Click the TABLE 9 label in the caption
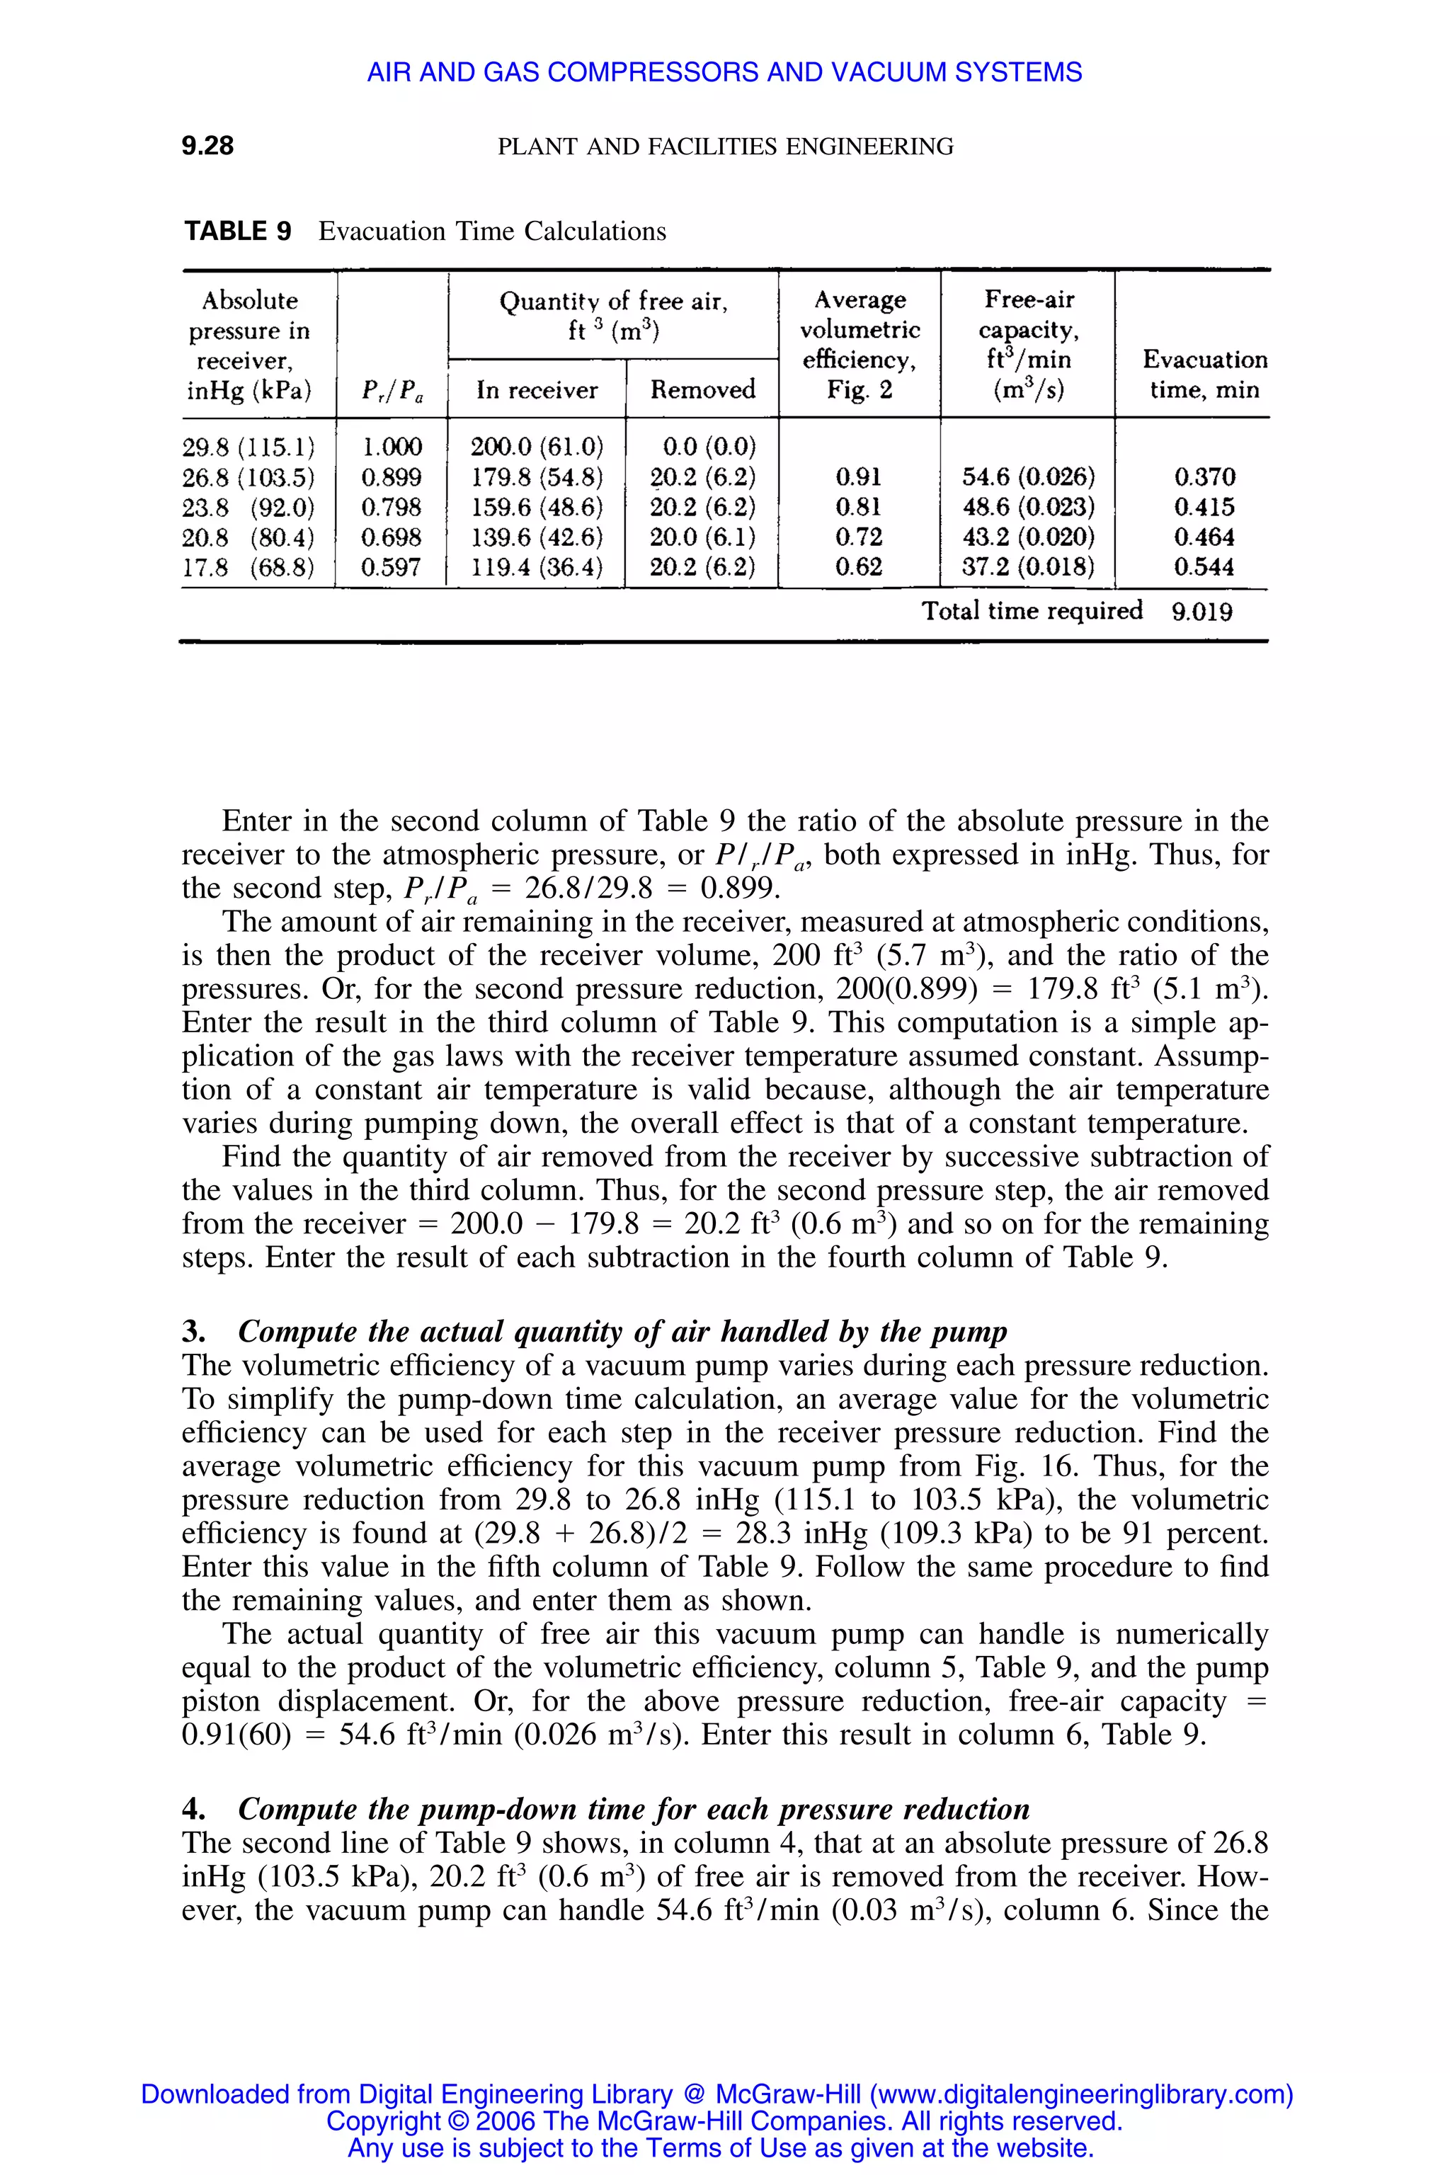pyautogui.click(x=238, y=232)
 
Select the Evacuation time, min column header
pyautogui.click(x=1204, y=374)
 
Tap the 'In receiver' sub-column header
pyautogui.click(x=537, y=390)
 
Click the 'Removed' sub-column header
pyautogui.click(x=703, y=389)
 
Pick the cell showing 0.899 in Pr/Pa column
pyautogui.click(x=391, y=477)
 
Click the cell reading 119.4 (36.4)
pyautogui.click(x=537, y=567)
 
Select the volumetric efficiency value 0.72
pyautogui.click(x=858, y=537)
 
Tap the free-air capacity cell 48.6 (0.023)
pyautogui.click(x=1028, y=507)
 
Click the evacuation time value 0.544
pyautogui.click(x=1204, y=567)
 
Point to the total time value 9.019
pyautogui.click(x=1202, y=612)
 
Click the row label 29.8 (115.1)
pyautogui.click(x=248, y=447)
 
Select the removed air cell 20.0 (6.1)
pyautogui.click(x=702, y=537)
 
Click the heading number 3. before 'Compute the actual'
pyautogui.click(x=193, y=1332)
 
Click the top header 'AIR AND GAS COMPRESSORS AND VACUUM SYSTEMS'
pyautogui.click(x=724, y=72)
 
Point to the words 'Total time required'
pyautogui.click(x=1032, y=610)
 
